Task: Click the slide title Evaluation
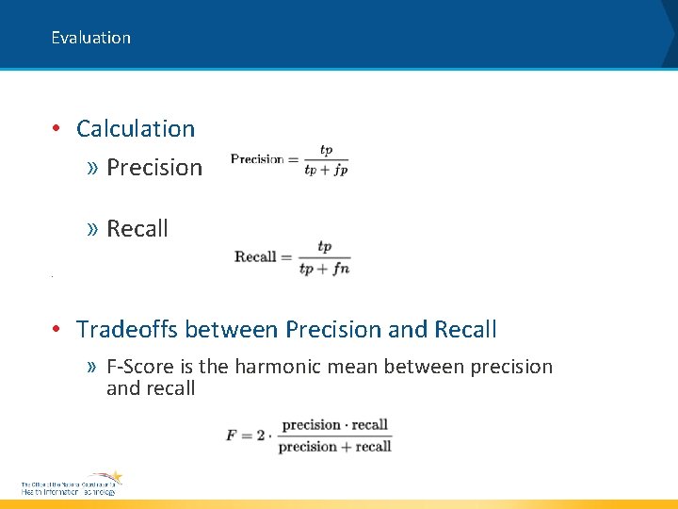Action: tap(90, 38)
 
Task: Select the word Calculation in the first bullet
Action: tap(136, 128)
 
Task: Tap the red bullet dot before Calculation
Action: tap(57, 128)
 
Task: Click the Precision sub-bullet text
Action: tap(154, 167)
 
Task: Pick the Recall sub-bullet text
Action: tap(137, 228)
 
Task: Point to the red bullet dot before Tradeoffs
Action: tap(57, 329)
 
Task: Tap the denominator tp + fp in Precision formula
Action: tap(326, 171)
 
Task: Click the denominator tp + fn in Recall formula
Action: tap(324, 269)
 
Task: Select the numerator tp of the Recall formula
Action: tap(325, 246)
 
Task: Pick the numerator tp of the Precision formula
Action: tap(326, 150)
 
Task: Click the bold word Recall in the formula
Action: tap(255, 256)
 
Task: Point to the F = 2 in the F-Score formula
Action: tap(244, 435)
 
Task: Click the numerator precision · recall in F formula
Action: tap(334, 425)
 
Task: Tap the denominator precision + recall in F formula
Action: tap(334, 446)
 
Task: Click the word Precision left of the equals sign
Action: tap(257, 159)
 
